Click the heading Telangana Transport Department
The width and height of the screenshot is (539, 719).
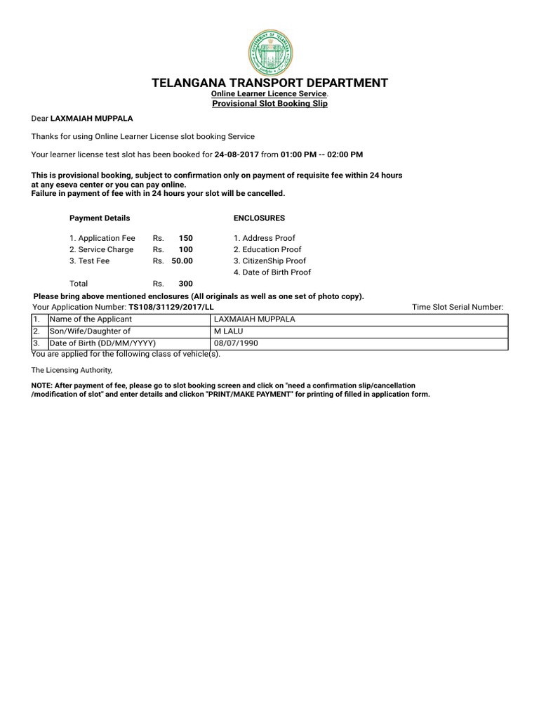269,83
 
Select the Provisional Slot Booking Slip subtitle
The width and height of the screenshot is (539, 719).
269,103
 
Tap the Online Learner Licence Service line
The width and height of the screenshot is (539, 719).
269,94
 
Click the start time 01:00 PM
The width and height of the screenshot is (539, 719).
298,154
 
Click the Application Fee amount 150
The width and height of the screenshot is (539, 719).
185,238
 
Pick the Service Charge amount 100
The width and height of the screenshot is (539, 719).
185,249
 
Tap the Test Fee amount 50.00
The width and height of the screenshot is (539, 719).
182,260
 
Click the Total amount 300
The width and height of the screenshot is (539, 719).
185,284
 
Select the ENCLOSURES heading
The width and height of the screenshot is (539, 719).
258,218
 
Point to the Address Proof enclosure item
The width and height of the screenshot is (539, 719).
265,238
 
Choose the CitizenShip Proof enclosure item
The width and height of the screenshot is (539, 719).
269,260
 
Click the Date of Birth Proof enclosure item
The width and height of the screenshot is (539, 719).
272,272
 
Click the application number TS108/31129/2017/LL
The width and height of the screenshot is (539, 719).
171,308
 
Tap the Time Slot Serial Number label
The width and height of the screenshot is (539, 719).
458,308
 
